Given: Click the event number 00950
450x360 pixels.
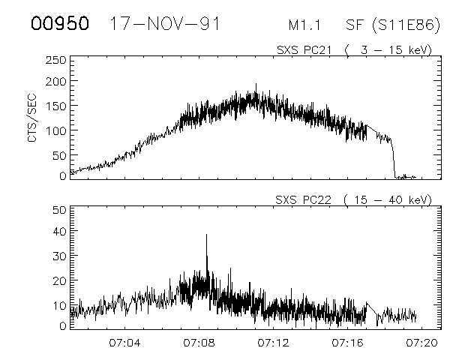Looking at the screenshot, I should click(x=60, y=23).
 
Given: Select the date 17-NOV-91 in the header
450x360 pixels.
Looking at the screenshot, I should click(x=165, y=23).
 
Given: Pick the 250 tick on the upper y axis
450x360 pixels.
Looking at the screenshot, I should click(x=56, y=60).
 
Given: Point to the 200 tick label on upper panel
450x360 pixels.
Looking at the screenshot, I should click(x=56, y=81).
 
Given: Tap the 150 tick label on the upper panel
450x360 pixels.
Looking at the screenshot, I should click(x=56, y=106).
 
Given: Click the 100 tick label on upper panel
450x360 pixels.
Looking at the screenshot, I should click(x=56, y=130).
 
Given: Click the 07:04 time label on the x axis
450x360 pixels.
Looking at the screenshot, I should click(x=125, y=343).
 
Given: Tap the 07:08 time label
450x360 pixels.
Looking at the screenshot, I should click(x=199, y=343).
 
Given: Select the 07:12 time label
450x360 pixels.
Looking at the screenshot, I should click(x=273, y=343).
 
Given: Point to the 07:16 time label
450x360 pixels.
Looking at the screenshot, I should click(x=347, y=343).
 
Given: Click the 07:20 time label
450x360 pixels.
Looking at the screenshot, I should click(x=421, y=343).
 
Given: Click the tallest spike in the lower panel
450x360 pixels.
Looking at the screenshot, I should click(x=206, y=235).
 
